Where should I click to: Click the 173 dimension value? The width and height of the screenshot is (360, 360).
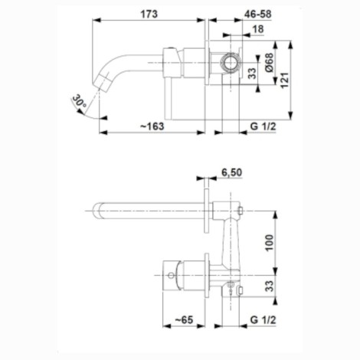pos(149,14)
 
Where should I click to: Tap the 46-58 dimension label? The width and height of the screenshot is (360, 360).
pos(258,14)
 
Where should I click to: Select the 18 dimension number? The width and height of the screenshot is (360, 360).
pos(258,29)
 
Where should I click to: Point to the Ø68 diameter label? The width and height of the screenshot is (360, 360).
pos(269,62)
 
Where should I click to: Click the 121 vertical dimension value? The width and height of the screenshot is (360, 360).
pos(284,80)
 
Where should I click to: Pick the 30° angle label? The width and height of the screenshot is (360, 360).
pos(79,101)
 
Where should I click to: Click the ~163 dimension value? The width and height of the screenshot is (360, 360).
pos(152,126)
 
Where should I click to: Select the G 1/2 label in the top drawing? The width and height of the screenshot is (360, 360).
pos(263,126)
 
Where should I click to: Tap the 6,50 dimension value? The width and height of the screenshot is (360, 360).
pos(231,172)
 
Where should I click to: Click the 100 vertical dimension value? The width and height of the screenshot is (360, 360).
pos(270,243)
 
